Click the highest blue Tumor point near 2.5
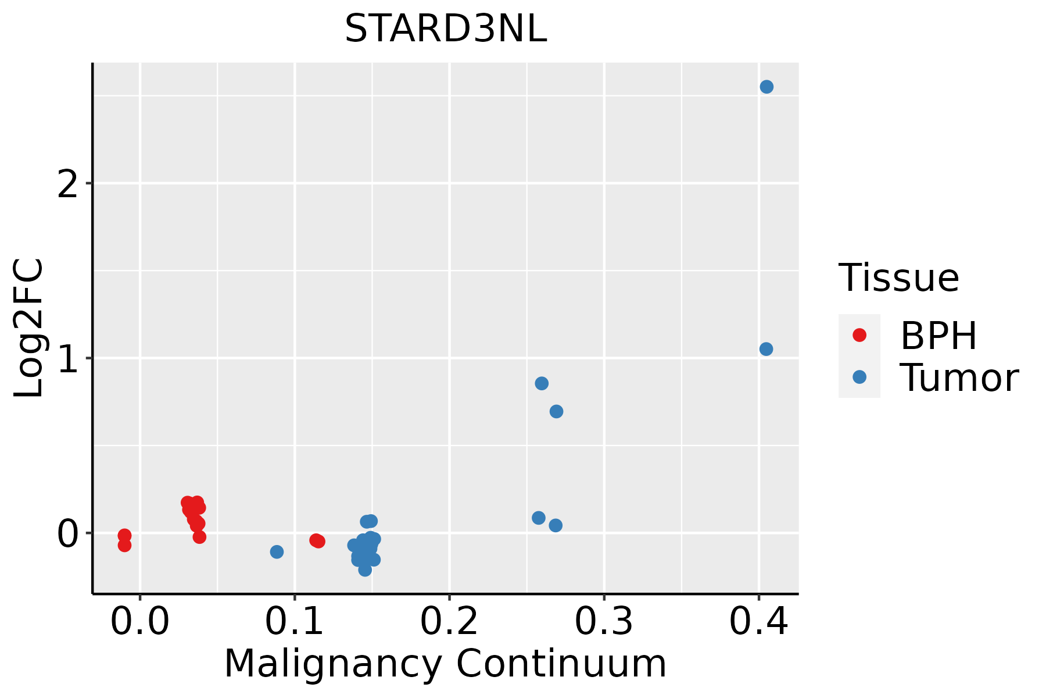tap(766, 87)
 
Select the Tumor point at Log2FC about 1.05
tap(766, 349)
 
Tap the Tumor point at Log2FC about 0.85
tap(542, 383)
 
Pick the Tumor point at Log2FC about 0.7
tap(556, 411)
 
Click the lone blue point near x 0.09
tap(277, 551)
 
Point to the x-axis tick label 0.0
tap(140, 622)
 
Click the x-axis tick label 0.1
tap(295, 622)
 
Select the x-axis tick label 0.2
tap(449, 622)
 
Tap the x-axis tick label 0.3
tap(604, 622)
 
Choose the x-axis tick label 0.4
tap(758, 622)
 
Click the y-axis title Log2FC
tap(29, 328)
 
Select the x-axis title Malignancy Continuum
tap(445, 664)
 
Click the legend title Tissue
tap(899, 278)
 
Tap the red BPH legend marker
tap(859, 335)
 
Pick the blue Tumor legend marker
tap(859, 377)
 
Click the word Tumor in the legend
tap(959, 378)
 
